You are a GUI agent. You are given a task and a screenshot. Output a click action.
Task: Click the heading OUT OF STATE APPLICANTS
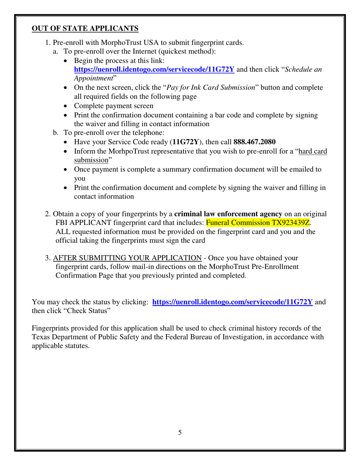pos(85,28)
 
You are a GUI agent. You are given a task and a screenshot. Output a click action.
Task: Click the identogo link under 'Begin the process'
pos(154,69)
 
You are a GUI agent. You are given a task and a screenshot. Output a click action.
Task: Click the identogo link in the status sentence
pos(232,302)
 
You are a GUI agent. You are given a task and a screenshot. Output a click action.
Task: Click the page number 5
pos(180,432)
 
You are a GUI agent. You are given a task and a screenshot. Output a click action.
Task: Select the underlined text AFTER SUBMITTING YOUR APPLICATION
pos(127,258)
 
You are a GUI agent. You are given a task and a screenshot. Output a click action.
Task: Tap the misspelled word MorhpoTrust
pos(148,151)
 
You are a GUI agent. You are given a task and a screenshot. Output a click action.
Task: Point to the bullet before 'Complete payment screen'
pos(67,106)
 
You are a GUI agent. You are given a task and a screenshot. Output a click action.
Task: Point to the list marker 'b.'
pos(56,133)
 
